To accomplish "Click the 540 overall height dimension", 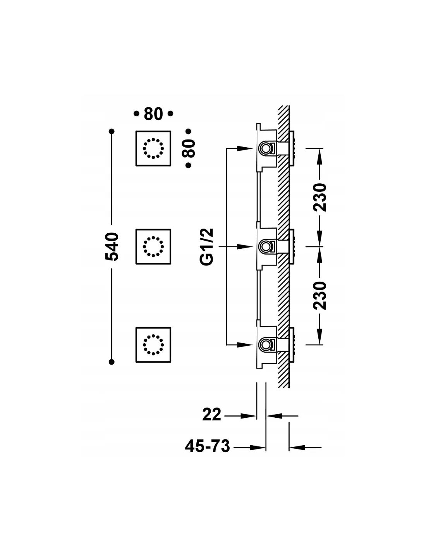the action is coord(112,246).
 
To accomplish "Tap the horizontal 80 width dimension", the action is coord(153,114).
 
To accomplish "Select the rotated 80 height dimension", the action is coord(189,148).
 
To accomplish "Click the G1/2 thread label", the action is coord(207,246).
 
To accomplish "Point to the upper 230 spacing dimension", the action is coord(319,197).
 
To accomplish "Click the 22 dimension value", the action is coord(212,415).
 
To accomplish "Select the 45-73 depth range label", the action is coord(207,446).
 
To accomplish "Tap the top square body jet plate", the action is coord(153,148).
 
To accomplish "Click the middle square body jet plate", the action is coord(153,246).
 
